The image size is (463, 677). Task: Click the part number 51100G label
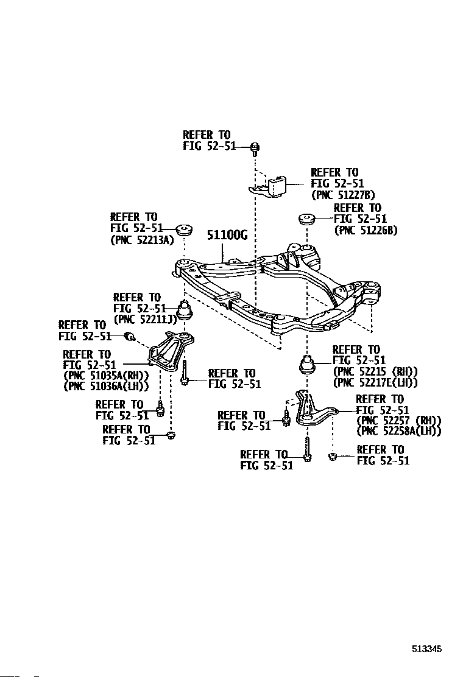[x=227, y=235]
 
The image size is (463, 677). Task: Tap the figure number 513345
[x=426, y=648]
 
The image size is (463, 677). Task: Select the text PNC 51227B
[x=343, y=195]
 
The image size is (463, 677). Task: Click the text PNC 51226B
[x=366, y=230]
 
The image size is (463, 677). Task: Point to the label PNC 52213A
[x=142, y=240]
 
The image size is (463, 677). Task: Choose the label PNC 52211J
[x=146, y=320]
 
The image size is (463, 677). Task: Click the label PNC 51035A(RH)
[x=106, y=375]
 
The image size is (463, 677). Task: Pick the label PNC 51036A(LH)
[x=106, y=386]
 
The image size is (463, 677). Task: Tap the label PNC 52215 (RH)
[x=375, y=371]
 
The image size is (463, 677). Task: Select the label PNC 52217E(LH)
[x=375, y=382]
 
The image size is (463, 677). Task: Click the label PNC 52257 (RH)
[x=399, y=421]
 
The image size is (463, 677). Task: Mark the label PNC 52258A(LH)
[x=399, y=431]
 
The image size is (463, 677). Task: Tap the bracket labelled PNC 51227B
[x=269, y=186]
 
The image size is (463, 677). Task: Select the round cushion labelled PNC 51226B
[x=306, y=219]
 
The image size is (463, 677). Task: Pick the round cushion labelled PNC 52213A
[x=184, y=230]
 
